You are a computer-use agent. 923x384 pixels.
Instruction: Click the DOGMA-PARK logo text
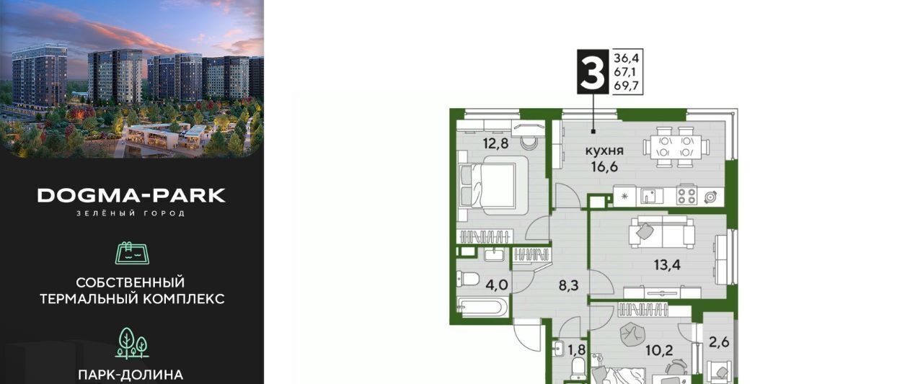click(131, 195)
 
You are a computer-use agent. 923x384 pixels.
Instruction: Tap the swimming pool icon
click(132, 253)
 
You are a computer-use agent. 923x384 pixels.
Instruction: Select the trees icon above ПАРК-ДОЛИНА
click(132, 344)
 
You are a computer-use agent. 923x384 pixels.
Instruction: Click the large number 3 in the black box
click(593, 71)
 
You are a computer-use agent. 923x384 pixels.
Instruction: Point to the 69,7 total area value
click(626, 86)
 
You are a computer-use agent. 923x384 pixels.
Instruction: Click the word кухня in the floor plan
click(604, 151)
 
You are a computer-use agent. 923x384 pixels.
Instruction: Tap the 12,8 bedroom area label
click(495, 143)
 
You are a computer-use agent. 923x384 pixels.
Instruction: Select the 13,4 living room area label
click(667, 265)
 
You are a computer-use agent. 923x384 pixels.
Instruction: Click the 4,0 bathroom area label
click(497, 285)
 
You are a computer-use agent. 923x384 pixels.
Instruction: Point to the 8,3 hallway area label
click(569, 285)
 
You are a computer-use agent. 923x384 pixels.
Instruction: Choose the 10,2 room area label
click(659, 351)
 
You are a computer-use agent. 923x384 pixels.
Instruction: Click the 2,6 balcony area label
click(719, 342)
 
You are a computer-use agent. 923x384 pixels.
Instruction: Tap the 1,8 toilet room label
click(577, 350)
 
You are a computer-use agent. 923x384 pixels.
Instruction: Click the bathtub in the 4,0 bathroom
click(483, 308)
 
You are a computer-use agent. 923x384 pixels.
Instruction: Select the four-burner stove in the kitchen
click(686, 196)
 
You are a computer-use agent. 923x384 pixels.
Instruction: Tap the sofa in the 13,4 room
click(661, 232)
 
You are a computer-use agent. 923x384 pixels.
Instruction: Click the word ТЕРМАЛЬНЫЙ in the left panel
click(91, 299)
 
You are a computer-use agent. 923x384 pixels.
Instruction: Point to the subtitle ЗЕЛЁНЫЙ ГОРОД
click(131, 213)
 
